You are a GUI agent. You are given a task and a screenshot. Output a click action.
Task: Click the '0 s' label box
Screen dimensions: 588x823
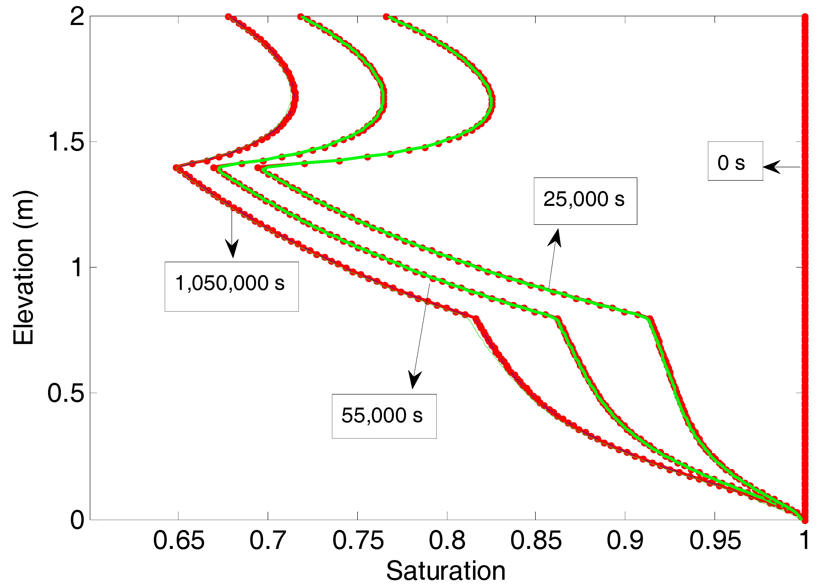735,161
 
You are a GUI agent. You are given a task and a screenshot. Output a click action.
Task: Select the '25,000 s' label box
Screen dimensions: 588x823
585,201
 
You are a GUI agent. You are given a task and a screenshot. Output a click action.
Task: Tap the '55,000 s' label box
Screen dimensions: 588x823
384,416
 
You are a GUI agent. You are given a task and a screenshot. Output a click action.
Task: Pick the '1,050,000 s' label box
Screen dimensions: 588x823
232,286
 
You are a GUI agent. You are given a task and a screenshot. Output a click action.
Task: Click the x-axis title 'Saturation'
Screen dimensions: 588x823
446,571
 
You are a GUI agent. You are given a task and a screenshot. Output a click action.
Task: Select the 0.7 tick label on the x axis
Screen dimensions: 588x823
268,541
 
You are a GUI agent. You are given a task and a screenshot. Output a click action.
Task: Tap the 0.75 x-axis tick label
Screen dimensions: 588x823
358,541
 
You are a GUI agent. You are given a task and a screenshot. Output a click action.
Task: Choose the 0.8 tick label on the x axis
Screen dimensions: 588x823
447,541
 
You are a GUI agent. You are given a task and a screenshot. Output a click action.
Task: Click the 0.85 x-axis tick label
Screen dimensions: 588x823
536,541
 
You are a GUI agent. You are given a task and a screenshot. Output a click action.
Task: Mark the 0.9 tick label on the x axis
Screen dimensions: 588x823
625,541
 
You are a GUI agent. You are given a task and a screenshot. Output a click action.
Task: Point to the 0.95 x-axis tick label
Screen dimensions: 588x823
715,541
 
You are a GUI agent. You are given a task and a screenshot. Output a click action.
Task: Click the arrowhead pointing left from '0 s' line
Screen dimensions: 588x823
771,167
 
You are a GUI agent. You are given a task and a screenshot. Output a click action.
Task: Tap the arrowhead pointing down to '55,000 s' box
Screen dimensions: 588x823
414,380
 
